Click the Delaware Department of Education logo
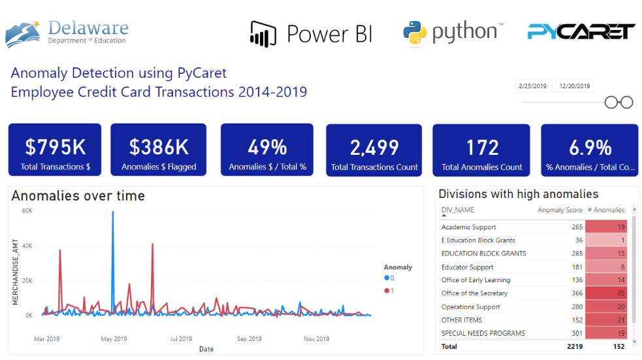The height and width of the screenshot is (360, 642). [67, 33]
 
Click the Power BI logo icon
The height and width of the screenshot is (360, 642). [264, 33]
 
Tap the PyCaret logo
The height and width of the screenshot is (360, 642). [581, 31]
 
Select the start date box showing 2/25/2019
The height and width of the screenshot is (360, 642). [533, 86]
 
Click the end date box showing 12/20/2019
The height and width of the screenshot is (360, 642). [573, 86]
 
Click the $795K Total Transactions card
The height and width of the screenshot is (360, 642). [55, 150]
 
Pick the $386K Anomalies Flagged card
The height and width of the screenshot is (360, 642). [159, 150]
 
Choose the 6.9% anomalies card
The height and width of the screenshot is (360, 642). [590, 150]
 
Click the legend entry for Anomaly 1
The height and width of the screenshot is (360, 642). [389, 290]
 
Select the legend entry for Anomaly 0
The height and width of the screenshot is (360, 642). [389, 278]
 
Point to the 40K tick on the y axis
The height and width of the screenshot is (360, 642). [27, 246]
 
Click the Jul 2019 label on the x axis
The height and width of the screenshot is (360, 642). [181, 339]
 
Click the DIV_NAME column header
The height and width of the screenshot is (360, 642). [458, 210]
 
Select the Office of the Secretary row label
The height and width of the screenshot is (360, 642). [474, 293]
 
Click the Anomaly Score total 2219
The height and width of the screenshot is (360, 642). [574, 347]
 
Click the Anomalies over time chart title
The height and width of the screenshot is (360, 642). [78, 196]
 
